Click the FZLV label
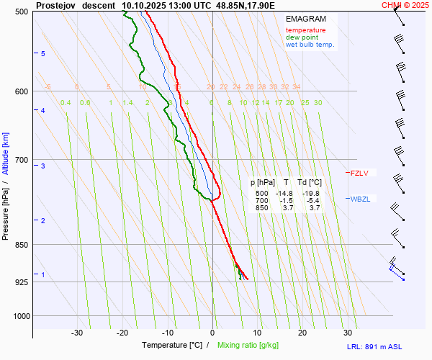coord(359,173)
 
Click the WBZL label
coord(360,199)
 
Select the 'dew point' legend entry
coord(301,37)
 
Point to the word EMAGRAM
coord(305,18)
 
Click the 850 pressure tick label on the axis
coord(21,245)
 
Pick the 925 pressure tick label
coord(21,282)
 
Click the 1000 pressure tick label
coord(19,316)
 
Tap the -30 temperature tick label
coord(78,333)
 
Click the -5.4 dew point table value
coord(312,201)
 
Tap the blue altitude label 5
coord(43,54)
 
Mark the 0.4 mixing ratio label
coord(66,103)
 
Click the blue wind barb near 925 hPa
coord(395,270)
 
